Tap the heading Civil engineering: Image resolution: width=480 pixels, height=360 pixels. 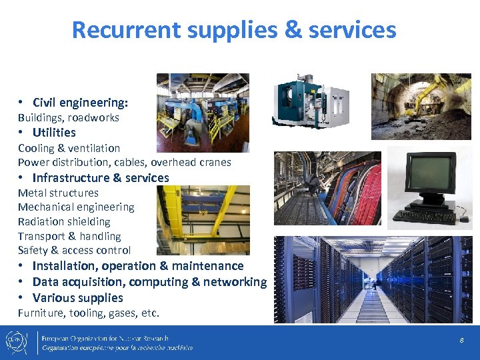80,102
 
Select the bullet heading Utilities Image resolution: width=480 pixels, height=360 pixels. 54,132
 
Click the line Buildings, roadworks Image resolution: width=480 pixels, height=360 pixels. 69,117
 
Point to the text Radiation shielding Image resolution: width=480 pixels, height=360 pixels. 64,221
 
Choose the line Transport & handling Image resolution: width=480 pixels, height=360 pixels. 69,236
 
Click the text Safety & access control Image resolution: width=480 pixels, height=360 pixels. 74,250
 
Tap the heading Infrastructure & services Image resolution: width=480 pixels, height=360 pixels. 101,177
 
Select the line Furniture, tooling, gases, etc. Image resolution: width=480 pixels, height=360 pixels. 89,313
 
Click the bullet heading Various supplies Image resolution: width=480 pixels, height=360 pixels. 77,298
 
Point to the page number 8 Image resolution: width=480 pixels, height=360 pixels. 461,341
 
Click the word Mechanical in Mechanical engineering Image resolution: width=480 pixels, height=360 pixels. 46,207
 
